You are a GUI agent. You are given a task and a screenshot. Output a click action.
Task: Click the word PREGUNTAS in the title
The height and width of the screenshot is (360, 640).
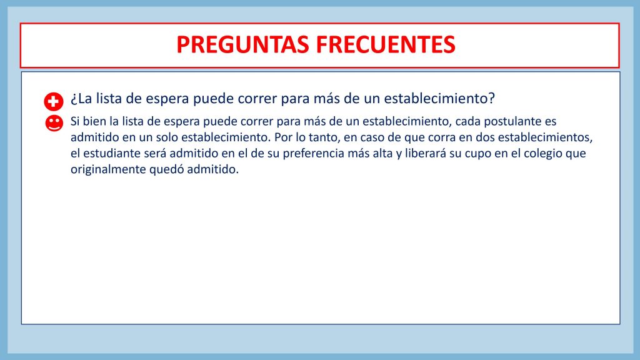point(242,44)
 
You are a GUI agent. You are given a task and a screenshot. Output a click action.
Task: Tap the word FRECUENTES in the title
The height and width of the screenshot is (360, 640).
point(386,44)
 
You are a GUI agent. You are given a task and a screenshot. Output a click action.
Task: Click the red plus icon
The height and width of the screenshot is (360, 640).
point(54,102)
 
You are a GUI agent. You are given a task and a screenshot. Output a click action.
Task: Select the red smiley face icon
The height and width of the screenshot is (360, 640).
point(54,123)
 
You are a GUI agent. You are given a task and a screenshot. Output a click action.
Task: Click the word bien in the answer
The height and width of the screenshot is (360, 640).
point(94,121)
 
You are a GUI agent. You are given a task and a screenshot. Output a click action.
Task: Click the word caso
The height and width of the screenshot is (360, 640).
point(372,137)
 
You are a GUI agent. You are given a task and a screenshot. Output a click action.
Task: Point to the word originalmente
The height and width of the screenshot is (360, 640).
point(108,169)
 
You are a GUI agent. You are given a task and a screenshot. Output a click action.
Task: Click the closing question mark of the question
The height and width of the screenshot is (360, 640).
point(491,98)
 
